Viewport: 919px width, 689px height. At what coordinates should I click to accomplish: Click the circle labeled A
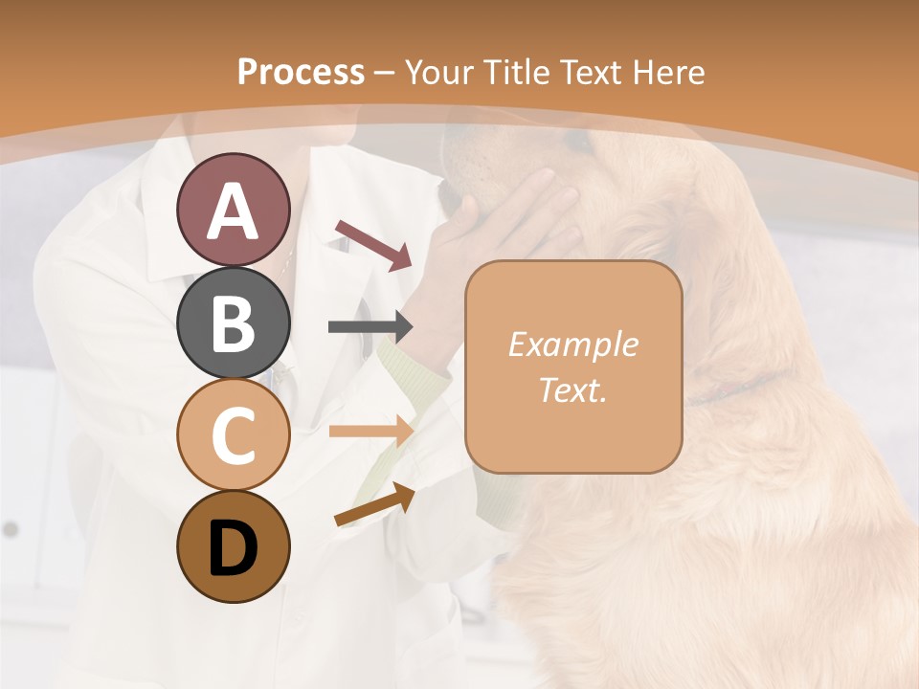pos(233,211)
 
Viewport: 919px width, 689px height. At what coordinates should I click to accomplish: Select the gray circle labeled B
pos(233,322)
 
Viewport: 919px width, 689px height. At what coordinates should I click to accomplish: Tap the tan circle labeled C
pos(233,434)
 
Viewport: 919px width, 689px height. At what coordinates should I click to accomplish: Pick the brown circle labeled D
pos(233,546)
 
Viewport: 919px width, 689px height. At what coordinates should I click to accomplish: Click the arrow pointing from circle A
pos(372,243)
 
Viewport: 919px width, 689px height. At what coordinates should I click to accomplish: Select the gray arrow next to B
pos(370,327)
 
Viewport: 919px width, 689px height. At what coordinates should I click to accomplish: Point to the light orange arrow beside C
pos(370,432)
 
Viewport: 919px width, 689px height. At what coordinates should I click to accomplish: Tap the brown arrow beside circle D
pos(373,504)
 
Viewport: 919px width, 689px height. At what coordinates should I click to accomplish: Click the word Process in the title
pos(301,72)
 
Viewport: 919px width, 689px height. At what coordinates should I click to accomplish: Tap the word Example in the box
pos(572,344)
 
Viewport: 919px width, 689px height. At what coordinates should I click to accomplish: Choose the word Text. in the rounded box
pos(572,389)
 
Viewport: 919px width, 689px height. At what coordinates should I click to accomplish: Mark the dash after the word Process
pos(385,73)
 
